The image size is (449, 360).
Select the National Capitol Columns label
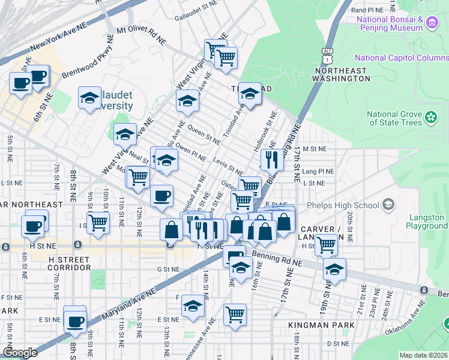(x=401, y=58)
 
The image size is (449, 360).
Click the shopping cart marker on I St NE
(x=98, y=223)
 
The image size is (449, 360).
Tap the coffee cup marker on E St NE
(x=75, y=321)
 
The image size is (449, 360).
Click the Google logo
(x=20, y=353)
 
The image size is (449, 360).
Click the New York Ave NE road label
(x=58, y=37)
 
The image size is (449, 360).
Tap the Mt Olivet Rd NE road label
(x=141, y=34)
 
